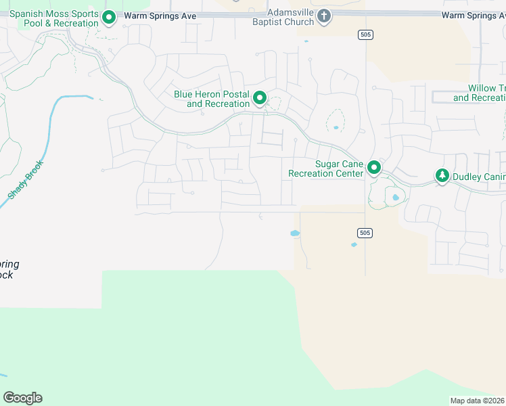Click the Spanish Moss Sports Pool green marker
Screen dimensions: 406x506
pyautogui.click(x=109, y=18)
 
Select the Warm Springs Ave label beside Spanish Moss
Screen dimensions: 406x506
pyautogui.click(x=159, y=15)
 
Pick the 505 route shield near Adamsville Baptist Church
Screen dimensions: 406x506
pyautogui.click(x=365, y=35)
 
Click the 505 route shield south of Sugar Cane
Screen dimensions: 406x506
pyautogui.click(x=364, y=233)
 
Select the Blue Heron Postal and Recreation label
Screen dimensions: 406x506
pyautogui.click(x=212, y=99)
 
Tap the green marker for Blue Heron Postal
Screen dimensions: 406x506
pyautogui.click(x=260, y=99)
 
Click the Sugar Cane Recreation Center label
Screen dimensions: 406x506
pyautogui.click(x=326, y=168)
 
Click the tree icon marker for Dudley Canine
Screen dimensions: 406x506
pyautogui.click(x=442, y=176)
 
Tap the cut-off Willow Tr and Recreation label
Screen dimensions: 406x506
pyautogui.click(x=480, y=93)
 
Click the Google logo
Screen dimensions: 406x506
pyautogui.click(x=22, y=398)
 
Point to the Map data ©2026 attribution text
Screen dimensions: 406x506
pyautogui.click(x=478, y=401)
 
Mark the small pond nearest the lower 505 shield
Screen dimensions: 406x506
pyautogui.click(x=354, y=245)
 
